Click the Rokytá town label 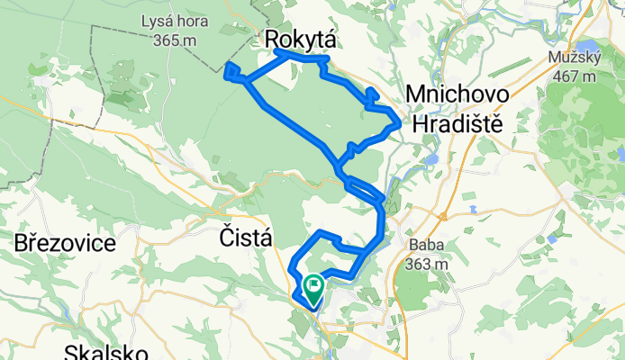[x=302, y=39]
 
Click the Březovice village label [x=65, y=243]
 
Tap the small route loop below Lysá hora [x=231, y=70]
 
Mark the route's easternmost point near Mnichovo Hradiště [x=399, y=121]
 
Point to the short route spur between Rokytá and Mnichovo [x=371, y=94]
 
